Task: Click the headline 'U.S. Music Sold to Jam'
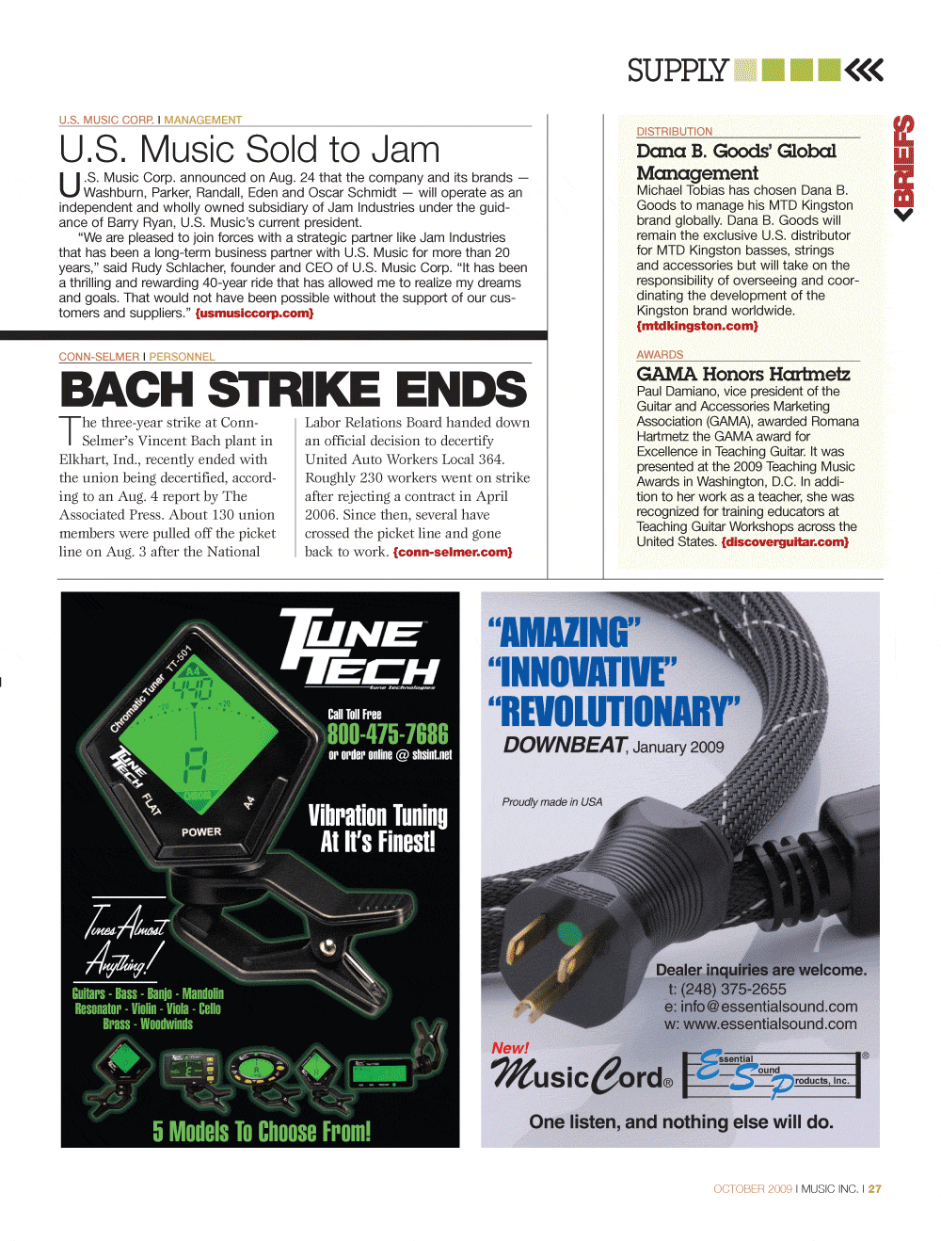click(249, 150)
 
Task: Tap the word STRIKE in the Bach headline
click(293, 390)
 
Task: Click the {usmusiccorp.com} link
click(254, 314)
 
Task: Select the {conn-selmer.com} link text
click(453, 552)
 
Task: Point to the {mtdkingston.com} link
click(697, 326)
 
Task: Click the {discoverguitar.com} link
click(785, 541)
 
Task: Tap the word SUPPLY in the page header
click(678, 71)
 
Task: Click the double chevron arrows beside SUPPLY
click(864, 70)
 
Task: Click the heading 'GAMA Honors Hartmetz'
click(742, 374)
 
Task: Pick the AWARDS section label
click(660, 355)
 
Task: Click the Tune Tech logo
click(360, 649)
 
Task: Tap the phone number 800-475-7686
click(387, 734)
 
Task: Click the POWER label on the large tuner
click(201, 832)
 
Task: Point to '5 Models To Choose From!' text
click(262, 1131)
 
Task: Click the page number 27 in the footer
click(875, 1189)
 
